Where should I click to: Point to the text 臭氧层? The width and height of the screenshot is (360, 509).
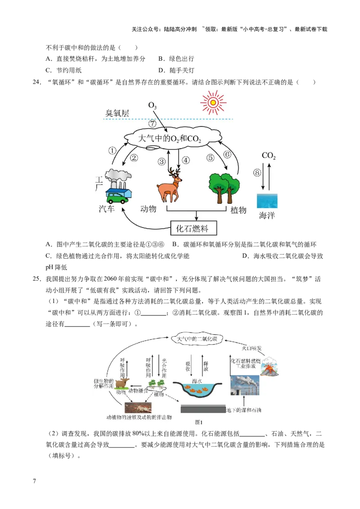117,113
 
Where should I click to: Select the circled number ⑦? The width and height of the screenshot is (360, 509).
153,123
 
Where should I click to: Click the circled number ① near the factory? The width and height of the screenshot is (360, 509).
112,151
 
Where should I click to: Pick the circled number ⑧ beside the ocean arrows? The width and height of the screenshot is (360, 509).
257,173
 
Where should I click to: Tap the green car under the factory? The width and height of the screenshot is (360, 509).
116,196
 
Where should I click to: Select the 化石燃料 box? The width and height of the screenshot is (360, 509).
194,228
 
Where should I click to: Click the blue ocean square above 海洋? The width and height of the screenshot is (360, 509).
267,201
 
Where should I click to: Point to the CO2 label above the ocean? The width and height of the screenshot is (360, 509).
269,156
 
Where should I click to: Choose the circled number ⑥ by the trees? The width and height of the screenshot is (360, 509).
227,154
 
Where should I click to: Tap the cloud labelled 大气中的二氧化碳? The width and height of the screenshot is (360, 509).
198,339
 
